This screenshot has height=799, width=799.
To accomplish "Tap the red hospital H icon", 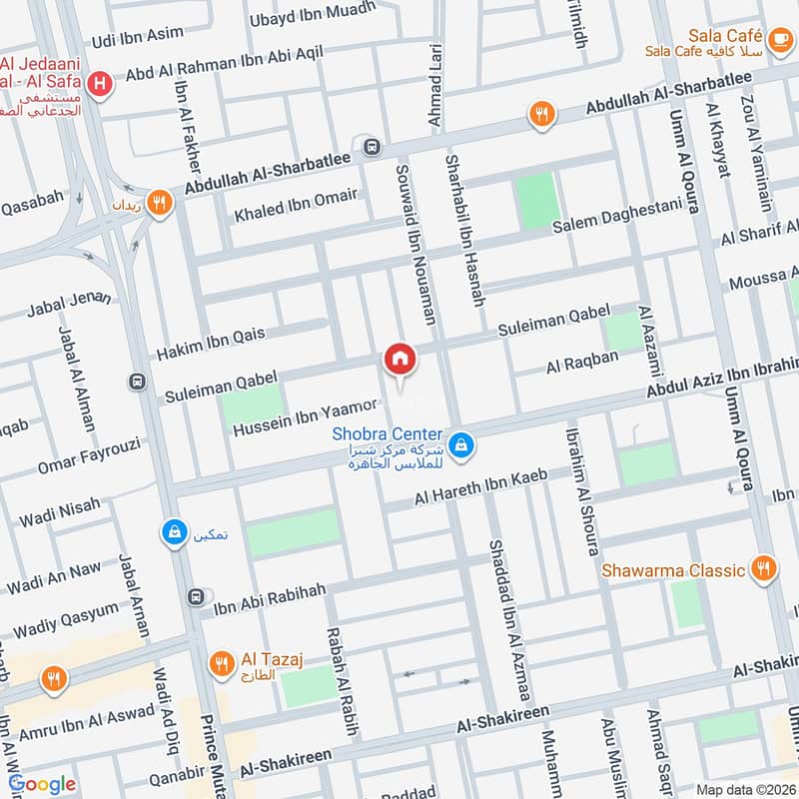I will (x=99, y=85).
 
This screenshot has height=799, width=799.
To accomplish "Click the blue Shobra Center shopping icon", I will (x=460, y=444).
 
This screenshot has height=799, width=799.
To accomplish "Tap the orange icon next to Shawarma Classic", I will (x=764, y=569).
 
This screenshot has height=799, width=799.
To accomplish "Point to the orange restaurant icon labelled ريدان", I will (x=158, y=204).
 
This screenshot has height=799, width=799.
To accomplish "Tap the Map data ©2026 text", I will (x=744, y=789).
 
